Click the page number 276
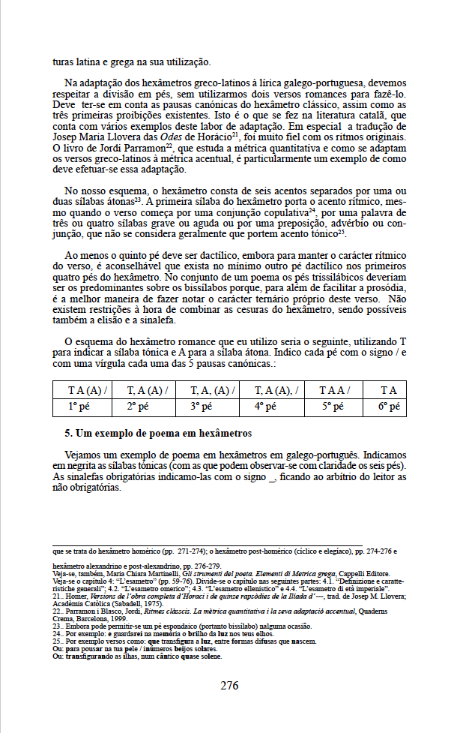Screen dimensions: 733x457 click(229, 685)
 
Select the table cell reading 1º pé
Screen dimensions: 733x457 click(82, 407)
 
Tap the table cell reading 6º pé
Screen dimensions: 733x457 click(387, 407)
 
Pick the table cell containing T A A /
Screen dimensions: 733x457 click(334, 390)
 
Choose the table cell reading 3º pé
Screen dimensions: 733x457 click(206, 407)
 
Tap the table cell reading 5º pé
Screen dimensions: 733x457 click(327, 407)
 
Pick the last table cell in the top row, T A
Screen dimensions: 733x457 click(387, 390)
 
